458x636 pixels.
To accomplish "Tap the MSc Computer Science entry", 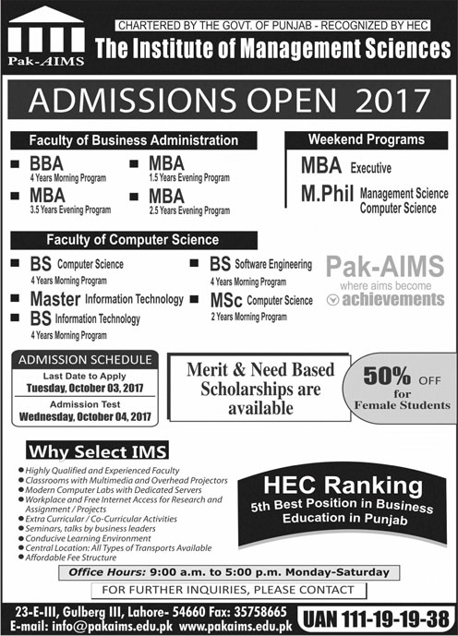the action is [x=261, y=300].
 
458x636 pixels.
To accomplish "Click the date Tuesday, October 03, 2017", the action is [x=82, y=388].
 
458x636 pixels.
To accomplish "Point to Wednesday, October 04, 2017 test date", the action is [x=82, y=416].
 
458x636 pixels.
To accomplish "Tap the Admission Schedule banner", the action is [x=82, y=358].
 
